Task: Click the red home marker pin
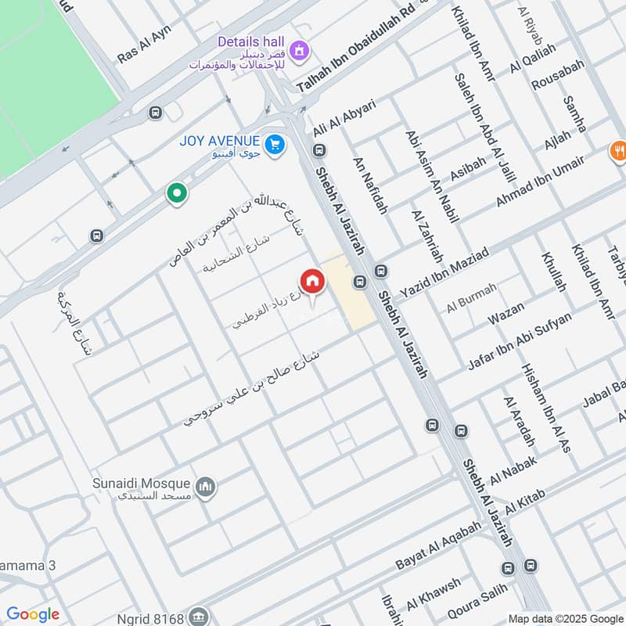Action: [311, 282]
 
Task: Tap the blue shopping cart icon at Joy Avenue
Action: [274, 144]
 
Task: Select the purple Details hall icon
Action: [297, 52]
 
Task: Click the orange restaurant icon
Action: [618, 150]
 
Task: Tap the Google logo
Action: [33, 613]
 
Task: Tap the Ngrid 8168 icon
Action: [200, 613]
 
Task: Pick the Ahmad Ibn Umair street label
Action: [540, 182]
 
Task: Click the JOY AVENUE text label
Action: [219, 141]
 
